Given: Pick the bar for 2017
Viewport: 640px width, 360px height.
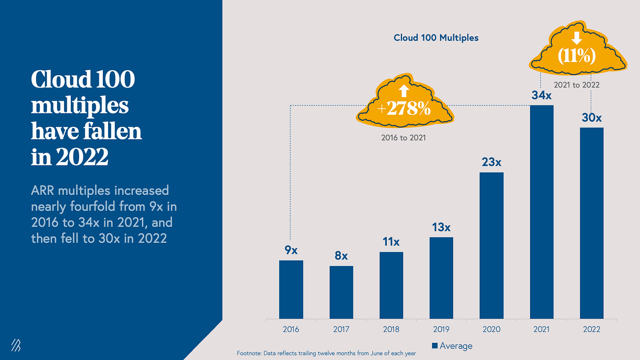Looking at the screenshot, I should click(x=341, y=292).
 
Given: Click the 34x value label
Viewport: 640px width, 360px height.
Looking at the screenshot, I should click(x=541, y=95).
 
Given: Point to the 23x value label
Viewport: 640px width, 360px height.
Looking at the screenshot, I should click(x=491, y=162).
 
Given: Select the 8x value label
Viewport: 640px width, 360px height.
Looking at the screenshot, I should click(x=341, y=256).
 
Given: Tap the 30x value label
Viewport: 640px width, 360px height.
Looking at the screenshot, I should click(x=592, y=118).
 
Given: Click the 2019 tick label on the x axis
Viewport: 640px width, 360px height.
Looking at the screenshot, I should click(x=441, y=329).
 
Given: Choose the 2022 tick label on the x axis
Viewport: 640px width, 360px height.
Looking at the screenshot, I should click(x=592, y=329).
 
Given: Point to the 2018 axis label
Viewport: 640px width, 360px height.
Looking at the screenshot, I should click(x=391, y=329).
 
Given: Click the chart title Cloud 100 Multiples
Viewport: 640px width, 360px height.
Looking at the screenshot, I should click(x=436, y=38).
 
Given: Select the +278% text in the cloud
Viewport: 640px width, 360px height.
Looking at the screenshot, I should click(x=404, y=109).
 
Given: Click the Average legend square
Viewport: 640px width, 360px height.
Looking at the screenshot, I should click(x=435, y=346).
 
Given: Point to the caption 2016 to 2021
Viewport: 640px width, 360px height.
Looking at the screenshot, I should click(x=403, y=138).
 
